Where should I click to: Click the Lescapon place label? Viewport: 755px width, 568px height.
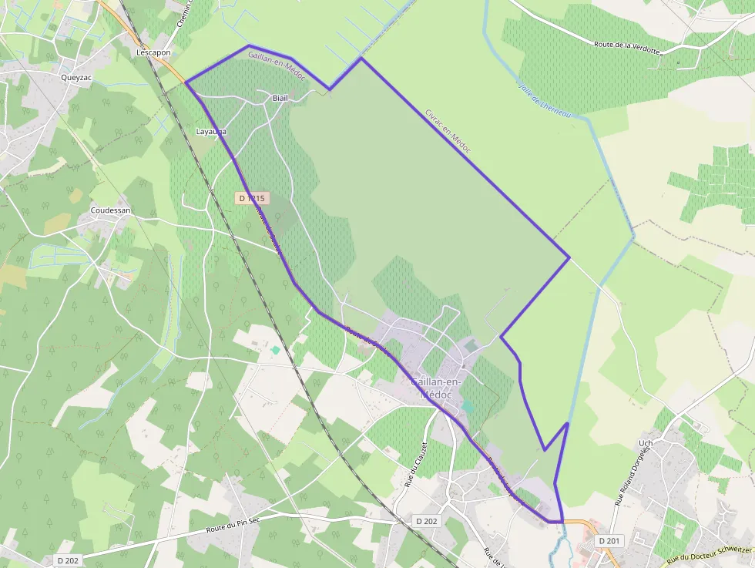click(153, 52)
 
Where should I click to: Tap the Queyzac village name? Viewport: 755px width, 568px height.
click(76, 77)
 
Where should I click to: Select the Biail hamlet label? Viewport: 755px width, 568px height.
click(280, 99)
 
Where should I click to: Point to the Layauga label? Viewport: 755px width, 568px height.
click(211, 132)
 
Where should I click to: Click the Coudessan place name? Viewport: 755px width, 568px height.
click(110, 210)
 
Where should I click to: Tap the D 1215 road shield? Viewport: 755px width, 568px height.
click(252, 198)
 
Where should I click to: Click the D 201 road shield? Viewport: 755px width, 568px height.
click(609, 541)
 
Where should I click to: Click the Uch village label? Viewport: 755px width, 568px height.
click(646, 444)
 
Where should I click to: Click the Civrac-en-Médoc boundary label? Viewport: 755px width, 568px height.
click(447, 130)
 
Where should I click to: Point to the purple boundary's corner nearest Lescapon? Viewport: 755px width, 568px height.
click(186, 82)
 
